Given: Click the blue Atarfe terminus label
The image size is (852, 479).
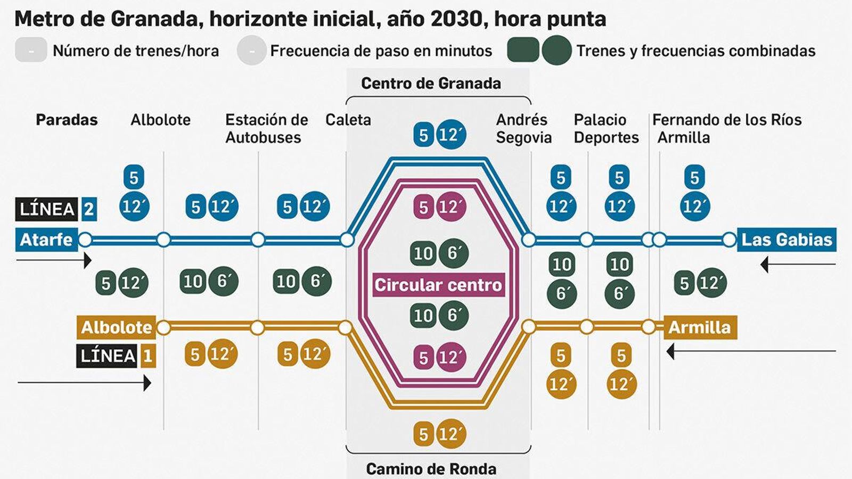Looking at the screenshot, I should [46, 240].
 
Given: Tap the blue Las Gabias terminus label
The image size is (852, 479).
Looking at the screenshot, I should [787, 240].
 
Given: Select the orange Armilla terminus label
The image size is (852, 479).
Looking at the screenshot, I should [700, 327].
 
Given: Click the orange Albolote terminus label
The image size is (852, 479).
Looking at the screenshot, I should [117, 327].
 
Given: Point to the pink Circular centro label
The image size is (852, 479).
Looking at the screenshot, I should [438, 285].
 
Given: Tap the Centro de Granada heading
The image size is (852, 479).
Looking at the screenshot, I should [431, 84].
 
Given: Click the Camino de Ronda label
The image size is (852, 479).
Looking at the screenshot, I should [431, 469].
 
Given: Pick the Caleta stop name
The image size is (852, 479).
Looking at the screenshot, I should [348, 120].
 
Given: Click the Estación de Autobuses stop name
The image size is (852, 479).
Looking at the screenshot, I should [266, 128].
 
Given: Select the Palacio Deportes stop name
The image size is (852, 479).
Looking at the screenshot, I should [606, 128].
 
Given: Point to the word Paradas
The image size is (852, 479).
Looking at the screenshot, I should [67, 120].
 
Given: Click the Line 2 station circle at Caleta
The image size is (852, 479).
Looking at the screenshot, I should [347, 240].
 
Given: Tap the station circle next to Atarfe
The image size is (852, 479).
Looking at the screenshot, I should [85, 240].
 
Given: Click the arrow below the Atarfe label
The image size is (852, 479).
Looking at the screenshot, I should [53, 260].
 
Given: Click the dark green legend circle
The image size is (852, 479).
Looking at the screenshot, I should [557, 51].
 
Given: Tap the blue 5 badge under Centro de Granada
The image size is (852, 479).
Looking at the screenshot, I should [423, 135].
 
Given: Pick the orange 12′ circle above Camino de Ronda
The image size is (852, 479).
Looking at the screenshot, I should [452, 434].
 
